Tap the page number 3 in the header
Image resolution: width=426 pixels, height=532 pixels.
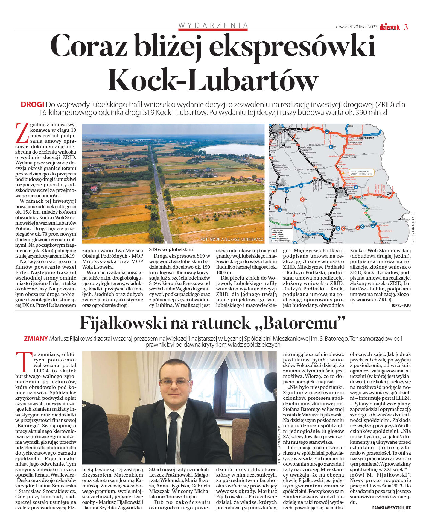click(x=406, y=27)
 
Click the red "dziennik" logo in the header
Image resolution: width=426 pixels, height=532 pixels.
click(x=390, y=27)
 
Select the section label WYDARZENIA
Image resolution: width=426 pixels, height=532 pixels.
click(x=213, y=25)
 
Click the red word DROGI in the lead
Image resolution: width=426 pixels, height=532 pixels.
click(x=32, y=105)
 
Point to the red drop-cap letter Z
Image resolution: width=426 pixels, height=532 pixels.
click(x=22, y=133)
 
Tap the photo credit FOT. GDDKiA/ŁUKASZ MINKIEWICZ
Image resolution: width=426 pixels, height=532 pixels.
click(x=232, y=240)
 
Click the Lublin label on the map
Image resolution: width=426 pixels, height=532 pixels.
click(x=342, y=192)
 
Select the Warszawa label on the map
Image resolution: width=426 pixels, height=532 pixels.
click(x=277, y=130)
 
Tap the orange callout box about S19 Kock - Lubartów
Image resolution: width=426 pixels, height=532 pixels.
click(x=361, y=172)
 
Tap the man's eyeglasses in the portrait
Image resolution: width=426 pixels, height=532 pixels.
click(x=171, y=383)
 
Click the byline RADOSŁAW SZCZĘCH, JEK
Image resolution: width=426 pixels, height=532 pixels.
click(x=391, y=508)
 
